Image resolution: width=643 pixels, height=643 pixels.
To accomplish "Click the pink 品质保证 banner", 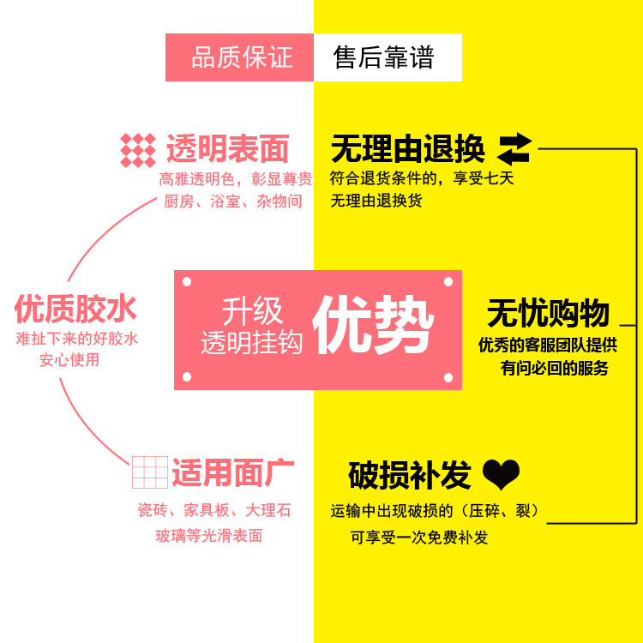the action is coord(240,57).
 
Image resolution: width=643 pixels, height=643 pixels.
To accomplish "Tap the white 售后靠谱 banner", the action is coord(387,57).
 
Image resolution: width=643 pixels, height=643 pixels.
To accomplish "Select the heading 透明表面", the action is coord(227,149).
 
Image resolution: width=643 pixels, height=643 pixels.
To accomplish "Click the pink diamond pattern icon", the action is coord(138,150).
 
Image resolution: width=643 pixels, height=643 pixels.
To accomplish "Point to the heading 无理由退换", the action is coord(407,149).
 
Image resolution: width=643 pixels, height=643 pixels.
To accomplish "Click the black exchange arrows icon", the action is coord(515,148).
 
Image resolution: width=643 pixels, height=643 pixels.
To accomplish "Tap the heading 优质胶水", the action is coord(75,309).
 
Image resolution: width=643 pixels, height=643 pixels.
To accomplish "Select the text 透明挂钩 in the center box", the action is coord(251,343).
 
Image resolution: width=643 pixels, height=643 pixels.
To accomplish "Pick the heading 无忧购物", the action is coord(548,314).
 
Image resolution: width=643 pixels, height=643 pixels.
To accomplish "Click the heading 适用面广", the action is coord(232,472).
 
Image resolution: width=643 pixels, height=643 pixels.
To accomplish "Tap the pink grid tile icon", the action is coord(149,472).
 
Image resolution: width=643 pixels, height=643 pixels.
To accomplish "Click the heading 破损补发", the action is coord(410,474).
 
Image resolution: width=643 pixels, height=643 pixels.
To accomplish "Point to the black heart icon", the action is coord(502,473).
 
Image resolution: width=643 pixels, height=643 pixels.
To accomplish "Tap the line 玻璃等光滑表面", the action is coord(208,536).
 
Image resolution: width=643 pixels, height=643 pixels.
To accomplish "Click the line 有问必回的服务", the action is coord(554,369).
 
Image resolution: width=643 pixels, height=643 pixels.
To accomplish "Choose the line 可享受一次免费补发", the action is coord(419,538).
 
